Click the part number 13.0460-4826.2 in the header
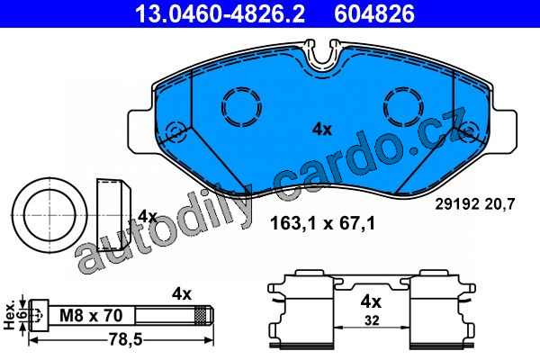[x=220, y=13]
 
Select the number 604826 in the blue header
[x=374, y=13]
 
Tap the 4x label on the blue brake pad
[x=322, y=130]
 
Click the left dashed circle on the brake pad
[x=241, y=106]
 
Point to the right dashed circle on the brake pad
[x=403, y=106]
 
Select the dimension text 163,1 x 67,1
[x=322, y=223]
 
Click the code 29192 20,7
[x=475, y=204]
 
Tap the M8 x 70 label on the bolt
[x=91, y=315]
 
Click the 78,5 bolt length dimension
[x=125, y=340]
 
